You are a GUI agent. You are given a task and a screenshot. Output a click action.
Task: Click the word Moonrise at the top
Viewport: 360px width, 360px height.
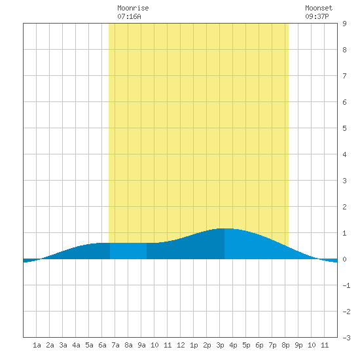coord(133,8)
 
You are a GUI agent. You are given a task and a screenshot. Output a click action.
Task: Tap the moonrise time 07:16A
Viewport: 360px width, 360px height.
coord(129,16)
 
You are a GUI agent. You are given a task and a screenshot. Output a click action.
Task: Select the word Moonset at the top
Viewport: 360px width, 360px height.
coord(319,8)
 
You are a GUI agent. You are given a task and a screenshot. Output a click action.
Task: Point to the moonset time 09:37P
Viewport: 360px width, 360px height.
coord(317,16)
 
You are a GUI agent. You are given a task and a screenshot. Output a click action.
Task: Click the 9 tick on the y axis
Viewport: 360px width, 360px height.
coord(344,24)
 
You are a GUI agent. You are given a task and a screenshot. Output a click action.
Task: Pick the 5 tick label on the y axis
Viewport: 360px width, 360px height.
coord(344,128)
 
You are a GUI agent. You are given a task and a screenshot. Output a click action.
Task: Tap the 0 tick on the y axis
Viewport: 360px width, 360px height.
coord(344,259)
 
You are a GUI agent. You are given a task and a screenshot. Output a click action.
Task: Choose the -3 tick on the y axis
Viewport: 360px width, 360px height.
coord(346,338)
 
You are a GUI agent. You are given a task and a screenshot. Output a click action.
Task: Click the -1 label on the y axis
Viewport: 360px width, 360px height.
coord(346,285)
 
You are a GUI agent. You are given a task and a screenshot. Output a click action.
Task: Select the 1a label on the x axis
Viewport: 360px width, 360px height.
coord(37,345)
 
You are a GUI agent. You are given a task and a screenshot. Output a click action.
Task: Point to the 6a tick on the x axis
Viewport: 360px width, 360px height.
coord(102,345)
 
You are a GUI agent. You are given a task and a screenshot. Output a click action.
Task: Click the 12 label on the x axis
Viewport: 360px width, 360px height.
coord(181,345)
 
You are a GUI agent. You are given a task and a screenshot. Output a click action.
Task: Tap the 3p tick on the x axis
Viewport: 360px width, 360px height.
coord(220,345)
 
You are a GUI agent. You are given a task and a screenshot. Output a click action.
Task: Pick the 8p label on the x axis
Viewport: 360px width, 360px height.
coord(285,345)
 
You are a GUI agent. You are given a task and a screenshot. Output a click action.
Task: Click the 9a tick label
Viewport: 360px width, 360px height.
coord(141,345)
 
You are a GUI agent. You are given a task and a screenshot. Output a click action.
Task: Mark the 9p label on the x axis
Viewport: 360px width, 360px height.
coord(298,345)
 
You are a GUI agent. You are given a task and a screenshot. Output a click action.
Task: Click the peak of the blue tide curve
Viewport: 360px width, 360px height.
coord(225,228)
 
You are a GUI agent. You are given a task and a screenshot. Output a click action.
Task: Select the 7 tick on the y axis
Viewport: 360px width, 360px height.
coord(344,76)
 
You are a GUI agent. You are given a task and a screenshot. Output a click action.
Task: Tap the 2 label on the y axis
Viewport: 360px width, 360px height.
coord(344,207)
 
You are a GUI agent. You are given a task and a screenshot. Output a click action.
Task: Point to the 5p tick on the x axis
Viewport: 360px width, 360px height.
coord(246,345)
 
